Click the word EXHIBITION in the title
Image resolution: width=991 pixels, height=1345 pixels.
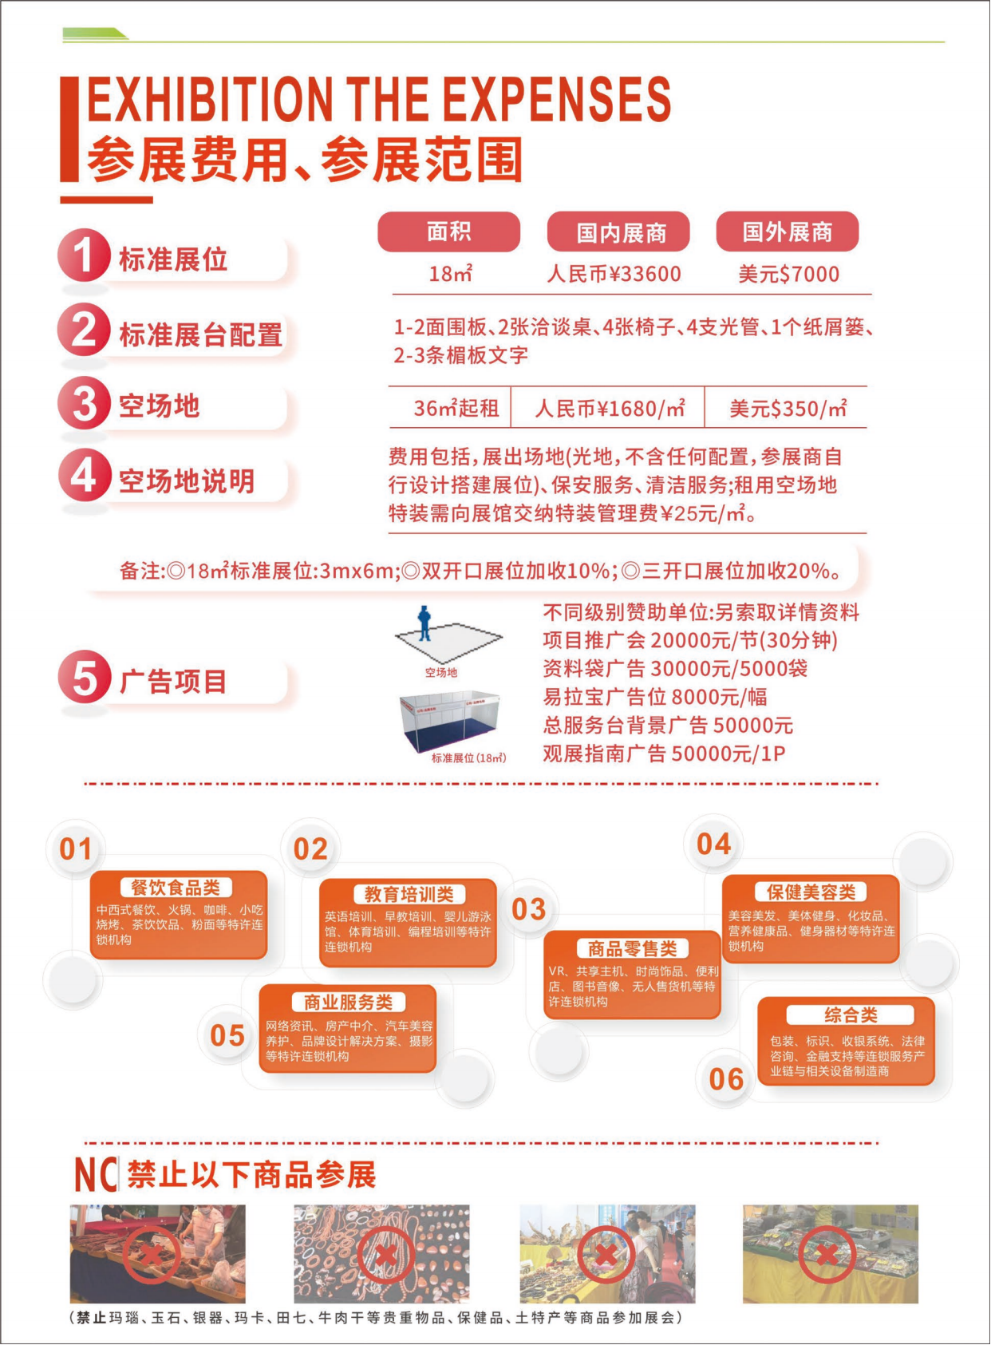[210, 98]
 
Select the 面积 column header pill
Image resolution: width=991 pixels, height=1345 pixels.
[449, 231]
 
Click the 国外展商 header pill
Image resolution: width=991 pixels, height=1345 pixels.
[788, 231]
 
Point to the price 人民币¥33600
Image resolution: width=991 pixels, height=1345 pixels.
[614, 275]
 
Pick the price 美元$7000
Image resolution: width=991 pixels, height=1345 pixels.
[788, 275]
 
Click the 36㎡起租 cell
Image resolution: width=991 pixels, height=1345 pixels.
[456, 409]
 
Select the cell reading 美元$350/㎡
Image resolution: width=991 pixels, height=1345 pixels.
[788, 409]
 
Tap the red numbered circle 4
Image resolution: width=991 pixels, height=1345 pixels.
[84, 477]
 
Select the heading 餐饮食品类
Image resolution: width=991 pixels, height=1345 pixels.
[176, 888]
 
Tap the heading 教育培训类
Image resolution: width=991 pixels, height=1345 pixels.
[409, 895]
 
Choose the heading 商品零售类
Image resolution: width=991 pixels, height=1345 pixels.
[632, 949]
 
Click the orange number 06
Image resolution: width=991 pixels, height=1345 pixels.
[726, 1079]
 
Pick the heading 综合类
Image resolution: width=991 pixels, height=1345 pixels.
[851, 1015]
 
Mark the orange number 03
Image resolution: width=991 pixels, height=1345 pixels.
[529, 909]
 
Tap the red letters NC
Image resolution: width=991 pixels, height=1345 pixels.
[96, 1174]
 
